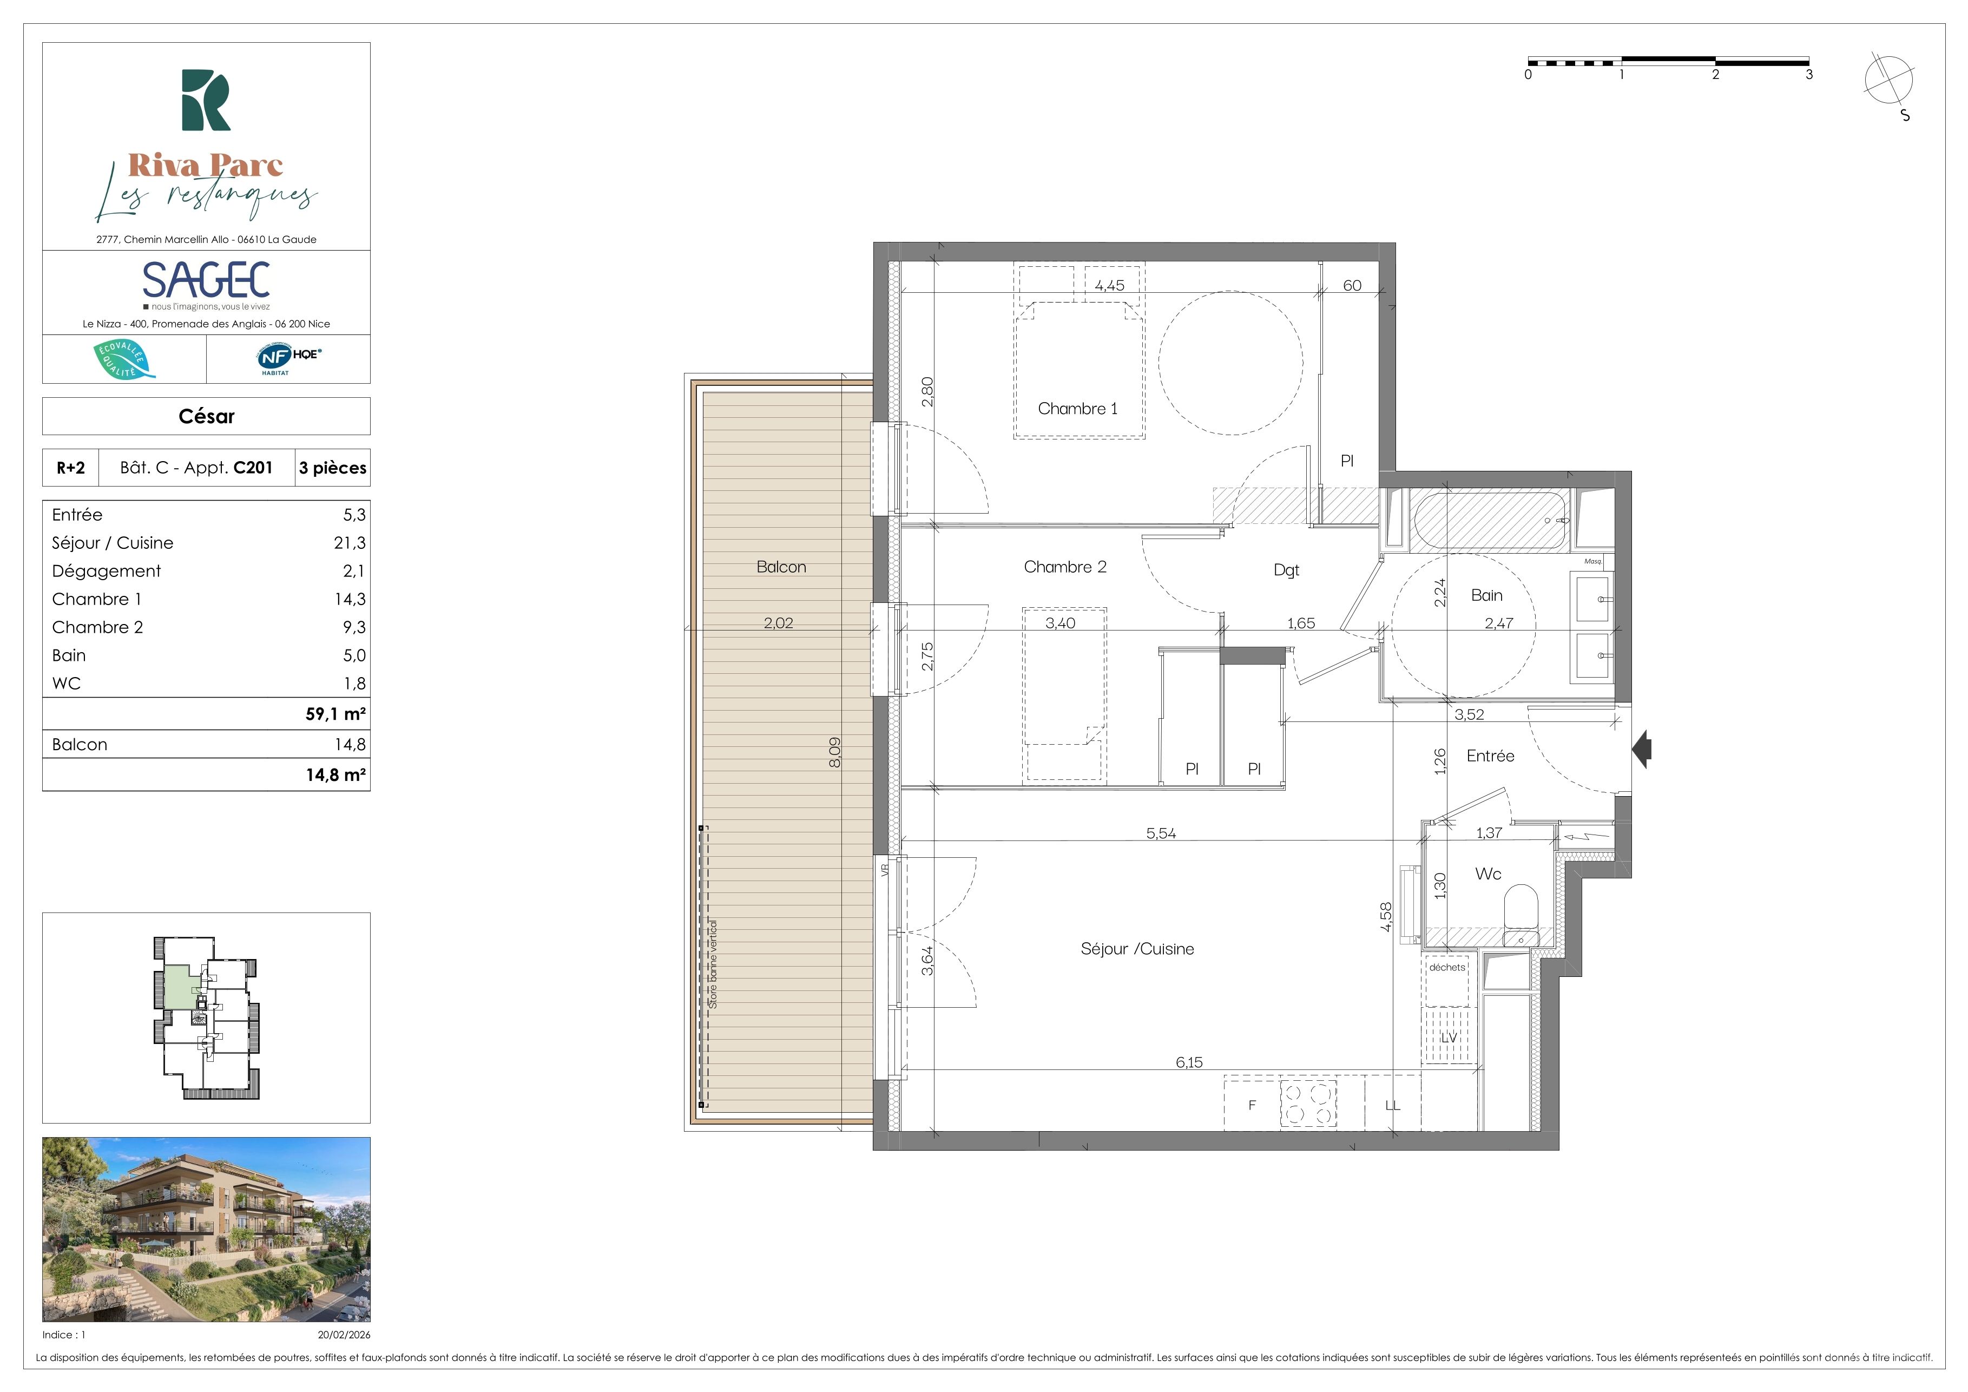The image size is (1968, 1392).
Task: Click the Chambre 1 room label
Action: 1077,409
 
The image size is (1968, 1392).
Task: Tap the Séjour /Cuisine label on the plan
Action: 1137,949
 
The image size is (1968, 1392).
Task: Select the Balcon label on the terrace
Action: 781,567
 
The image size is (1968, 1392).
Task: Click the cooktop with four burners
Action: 1308,1103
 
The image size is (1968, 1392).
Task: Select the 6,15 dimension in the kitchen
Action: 1189,1062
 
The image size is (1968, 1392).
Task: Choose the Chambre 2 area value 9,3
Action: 354,627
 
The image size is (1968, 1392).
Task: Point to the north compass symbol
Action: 1888,82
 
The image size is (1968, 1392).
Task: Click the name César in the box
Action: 207,417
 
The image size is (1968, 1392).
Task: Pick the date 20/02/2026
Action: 344,1335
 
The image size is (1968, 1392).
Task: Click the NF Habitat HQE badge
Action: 288,358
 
